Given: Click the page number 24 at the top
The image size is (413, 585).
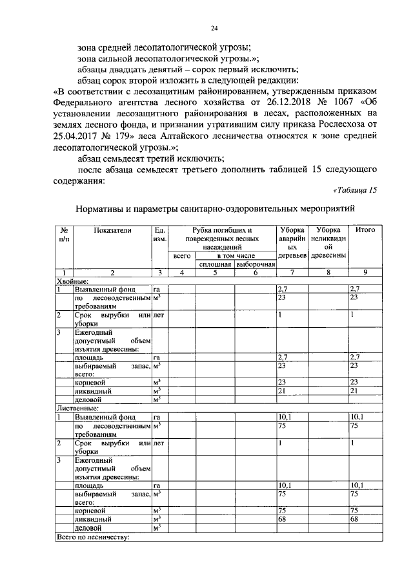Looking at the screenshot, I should [214, 28].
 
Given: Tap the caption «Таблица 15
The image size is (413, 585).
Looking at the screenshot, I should [355, 189].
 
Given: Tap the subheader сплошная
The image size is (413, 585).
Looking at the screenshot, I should [214, 264].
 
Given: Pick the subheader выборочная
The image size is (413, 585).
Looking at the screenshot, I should [255, 264].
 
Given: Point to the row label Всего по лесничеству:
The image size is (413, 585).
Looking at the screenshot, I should [94, 536].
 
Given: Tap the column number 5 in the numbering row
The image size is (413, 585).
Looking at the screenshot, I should [214, 273].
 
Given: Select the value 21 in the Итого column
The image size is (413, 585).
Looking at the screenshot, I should [354, 391].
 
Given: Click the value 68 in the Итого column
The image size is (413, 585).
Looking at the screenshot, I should [354, 518].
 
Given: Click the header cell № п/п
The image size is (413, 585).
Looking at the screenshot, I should [64, 234].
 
